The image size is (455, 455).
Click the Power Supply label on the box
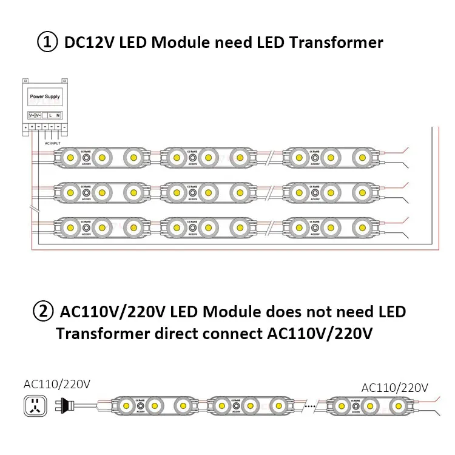(44, 96)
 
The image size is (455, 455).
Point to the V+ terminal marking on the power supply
(31, 115)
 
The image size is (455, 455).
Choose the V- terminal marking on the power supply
(39, 115)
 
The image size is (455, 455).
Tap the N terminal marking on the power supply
(58, 115)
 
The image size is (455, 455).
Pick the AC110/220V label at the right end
(394, 388)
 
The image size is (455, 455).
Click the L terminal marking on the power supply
(50, 115)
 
